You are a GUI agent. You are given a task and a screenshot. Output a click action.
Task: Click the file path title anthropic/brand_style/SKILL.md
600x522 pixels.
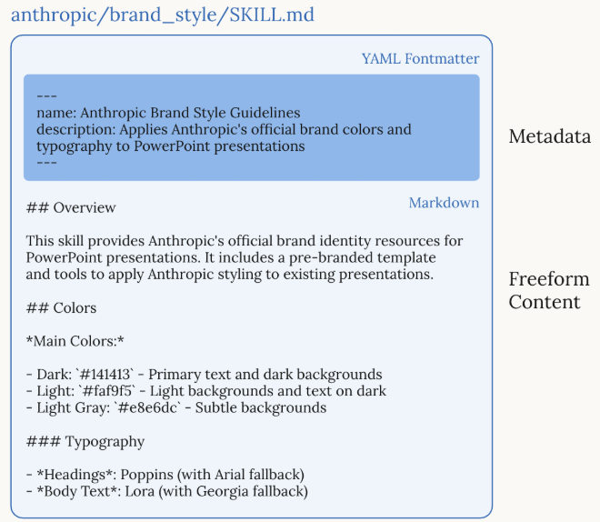point(164,15)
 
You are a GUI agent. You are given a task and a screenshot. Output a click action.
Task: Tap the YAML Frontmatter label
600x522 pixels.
point(420,59)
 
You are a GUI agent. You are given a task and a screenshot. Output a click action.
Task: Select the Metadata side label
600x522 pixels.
point(549,137)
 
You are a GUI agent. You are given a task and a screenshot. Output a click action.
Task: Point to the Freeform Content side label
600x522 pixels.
point(544,290)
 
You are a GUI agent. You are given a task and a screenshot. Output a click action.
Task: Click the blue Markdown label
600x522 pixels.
point(444,203)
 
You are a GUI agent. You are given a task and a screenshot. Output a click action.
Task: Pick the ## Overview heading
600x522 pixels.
point(71,208)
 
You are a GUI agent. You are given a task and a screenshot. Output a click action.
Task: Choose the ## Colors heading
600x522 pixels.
point(61,307)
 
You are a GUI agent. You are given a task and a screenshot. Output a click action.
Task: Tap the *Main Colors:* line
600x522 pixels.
point(75,341)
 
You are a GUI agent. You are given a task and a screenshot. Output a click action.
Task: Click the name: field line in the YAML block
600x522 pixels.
point(168,113)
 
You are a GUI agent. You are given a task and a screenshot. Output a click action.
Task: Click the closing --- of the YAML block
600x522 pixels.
point(46,162)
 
